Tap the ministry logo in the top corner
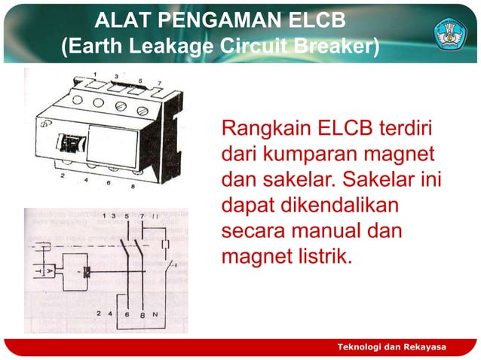pyautogui.click(x=451, y=32)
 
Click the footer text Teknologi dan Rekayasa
pyautogui.click(x=392, y=346)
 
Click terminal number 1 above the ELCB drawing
pyautogui.click(x=95, y=73)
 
